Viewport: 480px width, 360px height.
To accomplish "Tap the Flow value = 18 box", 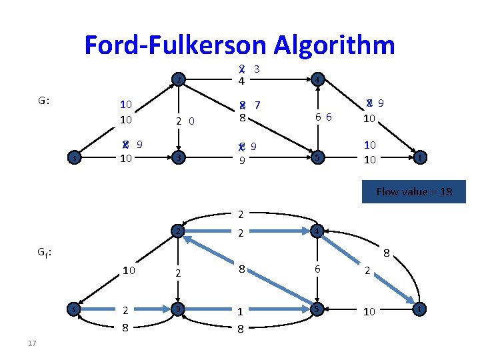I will [413, 192].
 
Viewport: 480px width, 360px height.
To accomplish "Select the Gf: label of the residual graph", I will [45, 253].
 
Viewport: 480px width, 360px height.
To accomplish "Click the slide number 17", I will [33, 343].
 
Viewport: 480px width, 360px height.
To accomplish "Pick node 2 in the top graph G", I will [177, 81].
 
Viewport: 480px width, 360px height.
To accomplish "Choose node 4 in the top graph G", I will [318, 81].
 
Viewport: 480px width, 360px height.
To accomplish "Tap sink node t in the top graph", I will [419, 157].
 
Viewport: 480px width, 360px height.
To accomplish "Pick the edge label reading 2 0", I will [185, 121].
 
